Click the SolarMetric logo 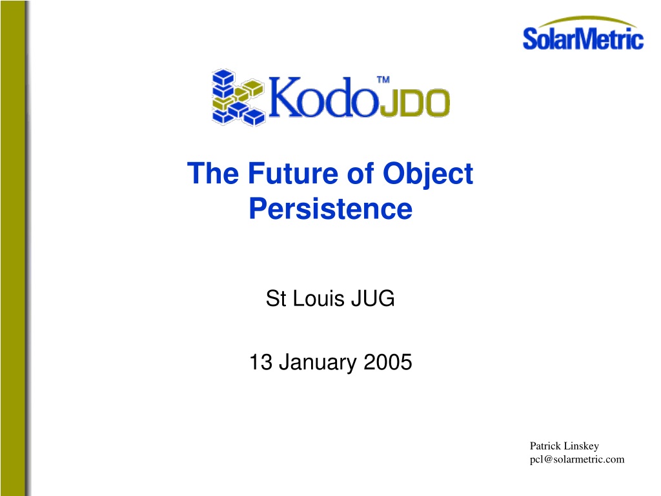pos(583,34)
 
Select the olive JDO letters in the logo pos(415,103)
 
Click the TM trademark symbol pos(383,79)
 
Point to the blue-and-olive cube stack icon pos(238,98)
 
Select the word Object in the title pos(427,174)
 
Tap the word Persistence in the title pos(330,209)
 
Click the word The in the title pos(213,173)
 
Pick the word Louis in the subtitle pos(318,298)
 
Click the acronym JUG pos(373,298)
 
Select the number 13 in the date pos(261,362)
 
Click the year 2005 pos(388,362)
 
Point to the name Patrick pos(545,446)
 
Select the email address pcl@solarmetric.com pos(577,460)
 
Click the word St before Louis pos(276,298)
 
